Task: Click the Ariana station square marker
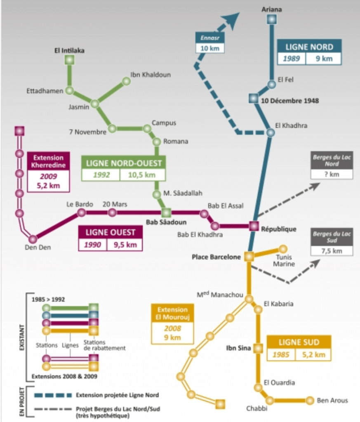point(271,19)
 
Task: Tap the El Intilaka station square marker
point(69,60)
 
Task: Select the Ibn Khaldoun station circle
point(126,81)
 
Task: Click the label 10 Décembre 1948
point(290,100)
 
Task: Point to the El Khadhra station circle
point(270,133)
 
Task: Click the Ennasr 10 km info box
point(210,43)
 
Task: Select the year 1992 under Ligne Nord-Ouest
point(101,175)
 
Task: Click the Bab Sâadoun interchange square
point(166,213)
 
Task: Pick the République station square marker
point(254,226)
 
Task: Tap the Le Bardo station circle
point(81,213)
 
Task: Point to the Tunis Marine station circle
point(283,249)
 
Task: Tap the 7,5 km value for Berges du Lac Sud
point(332,251)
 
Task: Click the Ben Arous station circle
point(310,401)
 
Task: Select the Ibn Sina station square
point(258,348)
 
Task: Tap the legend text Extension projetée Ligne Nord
point(117,395)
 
